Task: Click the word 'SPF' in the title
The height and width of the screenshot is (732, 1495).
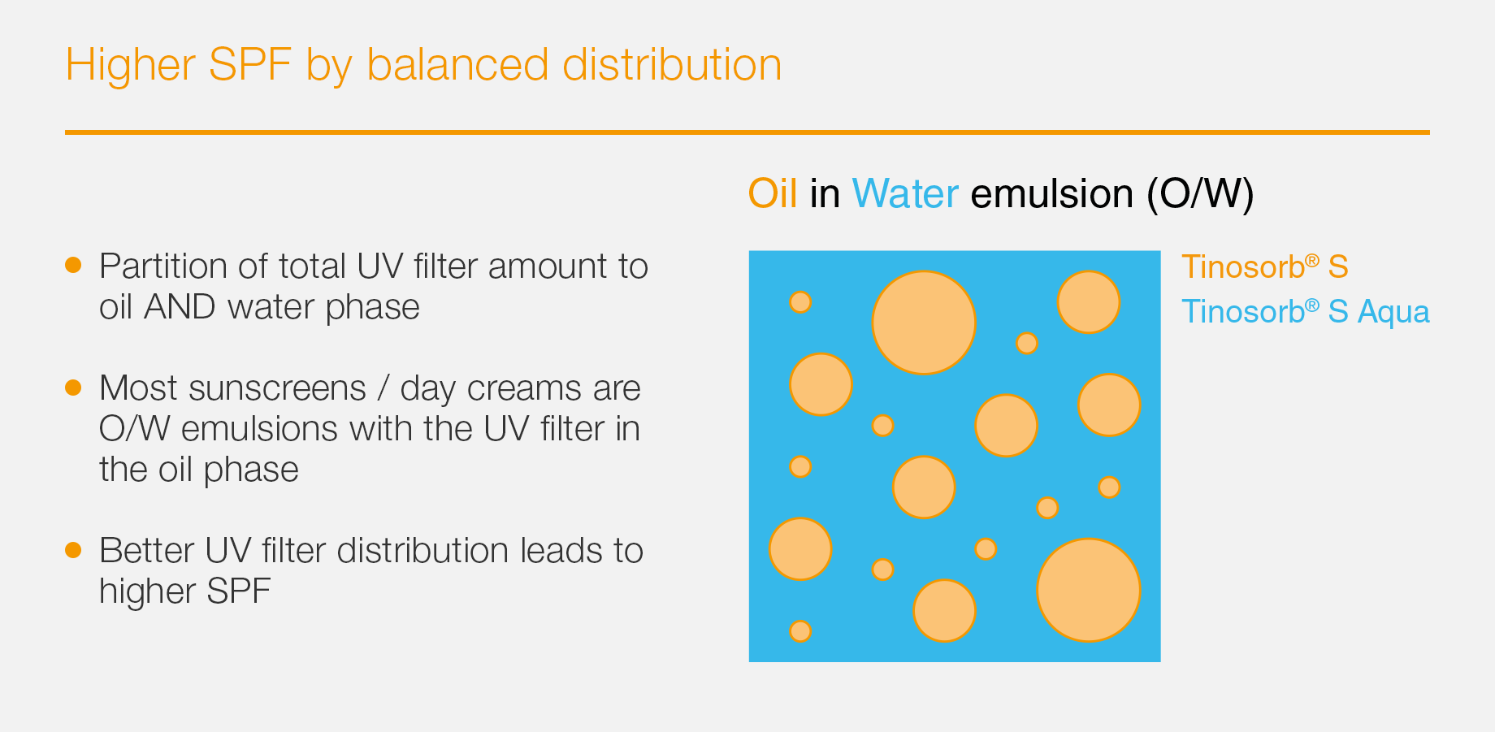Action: click(x=249, y=65)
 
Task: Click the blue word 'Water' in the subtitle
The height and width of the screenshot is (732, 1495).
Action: click(x=905, y=194)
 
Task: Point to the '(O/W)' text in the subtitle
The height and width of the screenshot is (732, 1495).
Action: click(x=1201, y=194)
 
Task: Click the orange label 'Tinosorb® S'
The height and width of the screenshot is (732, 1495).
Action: click(x=1265, y=266)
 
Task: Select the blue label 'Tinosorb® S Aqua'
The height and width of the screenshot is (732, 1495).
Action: click(x=1306, y=312)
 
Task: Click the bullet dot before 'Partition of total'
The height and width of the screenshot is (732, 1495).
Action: click(x=73, y=265)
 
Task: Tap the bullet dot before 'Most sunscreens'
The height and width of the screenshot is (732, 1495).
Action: click(x=73, y=387)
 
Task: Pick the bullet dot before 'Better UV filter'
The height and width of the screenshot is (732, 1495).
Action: click(x=73, y=550)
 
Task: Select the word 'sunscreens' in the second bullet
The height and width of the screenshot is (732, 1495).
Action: click(x=277, y=388)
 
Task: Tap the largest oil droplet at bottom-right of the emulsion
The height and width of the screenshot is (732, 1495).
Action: click(x=1089, y=590)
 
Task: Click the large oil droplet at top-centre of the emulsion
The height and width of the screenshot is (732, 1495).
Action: click(x=924, y=323)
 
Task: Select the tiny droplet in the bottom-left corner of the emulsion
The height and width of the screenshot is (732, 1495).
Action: click(x=800, y=631)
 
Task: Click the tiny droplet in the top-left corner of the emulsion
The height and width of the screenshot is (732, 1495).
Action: click(x=800, y=302)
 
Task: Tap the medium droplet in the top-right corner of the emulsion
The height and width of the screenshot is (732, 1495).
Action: click(x=1089, y=302)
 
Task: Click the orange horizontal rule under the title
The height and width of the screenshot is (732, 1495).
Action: click(x=747, y=132)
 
